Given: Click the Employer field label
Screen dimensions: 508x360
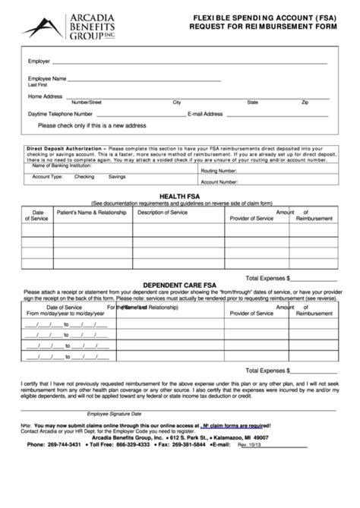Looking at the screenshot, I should coord(39,60).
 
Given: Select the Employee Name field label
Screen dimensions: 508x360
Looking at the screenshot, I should coord(47,79).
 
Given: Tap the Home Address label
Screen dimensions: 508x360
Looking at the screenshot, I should coord(45,96).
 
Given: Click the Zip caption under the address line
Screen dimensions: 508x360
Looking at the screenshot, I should coord(305,102).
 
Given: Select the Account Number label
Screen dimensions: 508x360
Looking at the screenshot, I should coord(219,182).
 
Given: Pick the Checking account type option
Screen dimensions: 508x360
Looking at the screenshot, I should coord(84,175).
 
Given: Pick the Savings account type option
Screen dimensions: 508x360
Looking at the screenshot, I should coord(117,175).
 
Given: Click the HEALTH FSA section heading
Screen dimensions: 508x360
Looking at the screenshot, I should coord(180,196).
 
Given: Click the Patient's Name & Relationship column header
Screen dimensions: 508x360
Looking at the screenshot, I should coord(92,212).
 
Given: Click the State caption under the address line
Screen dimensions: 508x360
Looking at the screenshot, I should coord(253,102).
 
